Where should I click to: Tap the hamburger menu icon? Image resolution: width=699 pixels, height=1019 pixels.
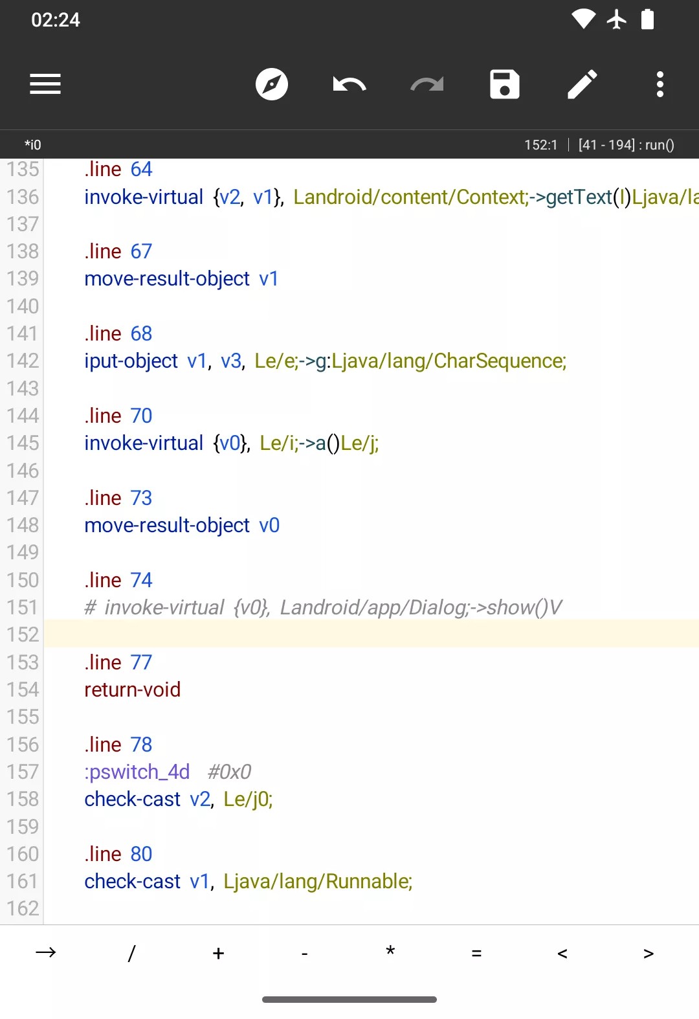[45, 84]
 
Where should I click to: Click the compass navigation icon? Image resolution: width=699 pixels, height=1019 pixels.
[271, 84]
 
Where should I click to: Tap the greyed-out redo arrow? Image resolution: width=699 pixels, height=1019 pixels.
[427, 85]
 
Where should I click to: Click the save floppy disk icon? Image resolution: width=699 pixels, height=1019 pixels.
[504, 84]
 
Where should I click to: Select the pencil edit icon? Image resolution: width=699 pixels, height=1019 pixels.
[582, 84]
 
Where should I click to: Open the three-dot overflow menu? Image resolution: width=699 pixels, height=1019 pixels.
[660, 84]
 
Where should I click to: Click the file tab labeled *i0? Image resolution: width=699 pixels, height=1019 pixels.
[33, 144]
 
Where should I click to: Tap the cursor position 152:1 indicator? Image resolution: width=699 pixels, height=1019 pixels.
[540, 144]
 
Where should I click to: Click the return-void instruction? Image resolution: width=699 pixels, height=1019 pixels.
[132, 689]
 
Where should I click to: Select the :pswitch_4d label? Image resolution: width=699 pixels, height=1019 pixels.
[137, 772]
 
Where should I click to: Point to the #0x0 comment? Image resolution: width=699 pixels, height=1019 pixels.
[229, 772]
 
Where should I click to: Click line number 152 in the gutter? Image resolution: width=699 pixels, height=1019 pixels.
[23, 634]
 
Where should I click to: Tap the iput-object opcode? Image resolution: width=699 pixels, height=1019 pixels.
[131, 361]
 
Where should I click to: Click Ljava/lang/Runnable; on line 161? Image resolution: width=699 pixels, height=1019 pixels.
[318, 882]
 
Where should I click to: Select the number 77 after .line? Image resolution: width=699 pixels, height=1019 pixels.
[141, 662]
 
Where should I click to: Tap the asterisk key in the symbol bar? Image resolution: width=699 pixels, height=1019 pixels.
[390, 951]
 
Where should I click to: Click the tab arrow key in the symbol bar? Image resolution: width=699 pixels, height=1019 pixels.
[45, 952]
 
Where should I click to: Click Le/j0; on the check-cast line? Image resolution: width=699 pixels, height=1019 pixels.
[248, 800]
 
